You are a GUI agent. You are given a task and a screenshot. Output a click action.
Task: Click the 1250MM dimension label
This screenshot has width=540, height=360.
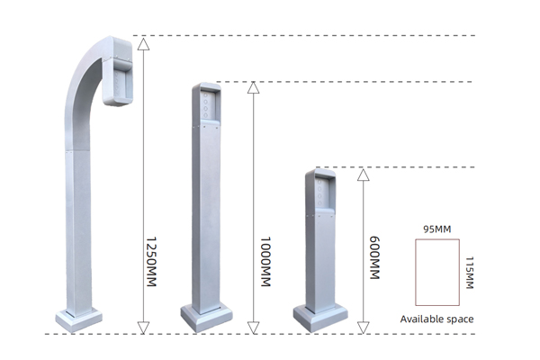coord(151,261)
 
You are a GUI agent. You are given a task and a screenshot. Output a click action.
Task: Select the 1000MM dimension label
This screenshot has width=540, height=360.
coord(265,261)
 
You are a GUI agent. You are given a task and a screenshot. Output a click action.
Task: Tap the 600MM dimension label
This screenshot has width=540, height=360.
coord(374,257)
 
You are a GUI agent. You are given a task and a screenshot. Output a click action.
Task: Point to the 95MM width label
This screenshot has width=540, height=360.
coord(437,229)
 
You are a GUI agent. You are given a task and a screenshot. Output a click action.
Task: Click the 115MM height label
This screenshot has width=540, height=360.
coord(470,272)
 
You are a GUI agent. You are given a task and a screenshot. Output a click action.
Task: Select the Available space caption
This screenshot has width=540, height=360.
coord(436,319)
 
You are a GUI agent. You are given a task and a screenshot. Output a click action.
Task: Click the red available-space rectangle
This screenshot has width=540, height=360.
coord(416,272)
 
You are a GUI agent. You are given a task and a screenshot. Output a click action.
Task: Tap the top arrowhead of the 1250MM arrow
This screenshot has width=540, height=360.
coord(143,44)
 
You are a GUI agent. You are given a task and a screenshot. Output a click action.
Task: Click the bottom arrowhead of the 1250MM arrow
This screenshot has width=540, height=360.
coord(143,328)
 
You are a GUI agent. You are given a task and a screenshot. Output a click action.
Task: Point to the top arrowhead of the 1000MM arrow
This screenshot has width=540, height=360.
coord(253,87)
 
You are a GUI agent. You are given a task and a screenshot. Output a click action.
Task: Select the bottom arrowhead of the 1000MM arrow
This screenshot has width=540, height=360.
coord(253,328)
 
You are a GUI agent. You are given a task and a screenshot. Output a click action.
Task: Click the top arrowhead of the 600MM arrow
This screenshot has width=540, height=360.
coord(363,175)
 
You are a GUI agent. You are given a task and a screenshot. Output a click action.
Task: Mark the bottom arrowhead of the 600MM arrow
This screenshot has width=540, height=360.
coord(363,328)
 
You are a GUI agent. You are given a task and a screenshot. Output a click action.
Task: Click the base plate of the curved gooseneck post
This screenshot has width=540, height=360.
coord(79,320)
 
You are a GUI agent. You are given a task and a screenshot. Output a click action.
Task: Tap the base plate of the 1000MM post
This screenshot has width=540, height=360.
coord(207,319)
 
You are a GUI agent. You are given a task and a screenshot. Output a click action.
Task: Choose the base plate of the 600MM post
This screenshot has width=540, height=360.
coord(320,319)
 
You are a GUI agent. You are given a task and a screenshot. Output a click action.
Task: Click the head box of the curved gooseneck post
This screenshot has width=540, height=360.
coord(118,70)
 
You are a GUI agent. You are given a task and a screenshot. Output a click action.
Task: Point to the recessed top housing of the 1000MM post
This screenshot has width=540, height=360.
coord(206,104)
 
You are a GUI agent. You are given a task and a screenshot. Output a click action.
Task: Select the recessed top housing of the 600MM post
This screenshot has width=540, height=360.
coord(320,192)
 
